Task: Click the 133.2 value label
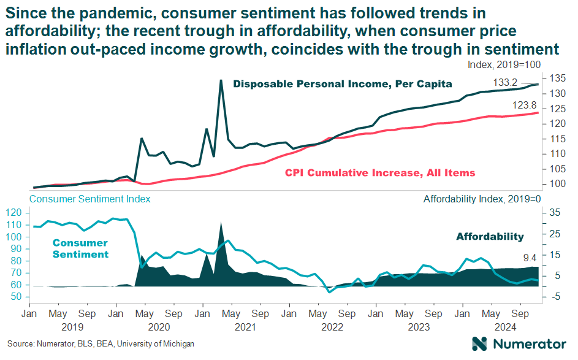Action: [506, 83]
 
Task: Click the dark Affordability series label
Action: [490, 237]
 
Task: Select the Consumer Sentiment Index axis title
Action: [90, 199]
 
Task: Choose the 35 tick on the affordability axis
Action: [554, 213]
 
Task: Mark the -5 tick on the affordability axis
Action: [554, 297]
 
